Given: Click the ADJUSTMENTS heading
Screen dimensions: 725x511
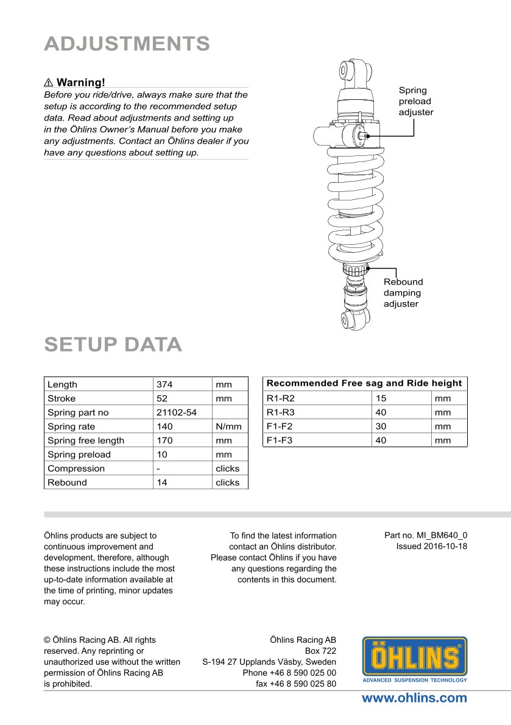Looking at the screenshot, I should [x=127, y=44].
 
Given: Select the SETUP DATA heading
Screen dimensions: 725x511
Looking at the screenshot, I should [x=113, y=344].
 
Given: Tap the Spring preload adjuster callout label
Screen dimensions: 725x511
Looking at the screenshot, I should [x=416, y=101].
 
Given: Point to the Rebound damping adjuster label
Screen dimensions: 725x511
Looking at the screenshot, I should [x=403, y=292].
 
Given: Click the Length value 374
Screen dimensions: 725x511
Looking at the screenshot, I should [x=164, y=384].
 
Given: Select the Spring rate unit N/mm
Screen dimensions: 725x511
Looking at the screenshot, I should [x=228, y=426].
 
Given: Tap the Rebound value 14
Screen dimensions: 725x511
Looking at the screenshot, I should [x=162, y=483].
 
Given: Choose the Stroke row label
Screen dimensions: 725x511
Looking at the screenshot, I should [x=62, y=398].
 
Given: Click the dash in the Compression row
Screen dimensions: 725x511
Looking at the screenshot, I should [x=158, y=469].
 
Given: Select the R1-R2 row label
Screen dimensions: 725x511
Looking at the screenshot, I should [x=280, y=398].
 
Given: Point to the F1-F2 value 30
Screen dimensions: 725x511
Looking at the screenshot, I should [x=381, y=426].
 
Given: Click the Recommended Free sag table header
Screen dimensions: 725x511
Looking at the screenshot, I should [x=364, y=383].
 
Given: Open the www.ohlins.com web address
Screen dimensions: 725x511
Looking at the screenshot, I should [x=414, y=698].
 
